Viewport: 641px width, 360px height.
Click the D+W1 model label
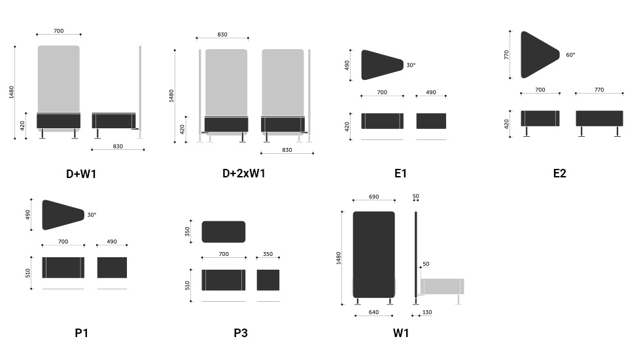click(81, 174)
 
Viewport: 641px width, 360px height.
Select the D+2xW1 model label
click(243, 173)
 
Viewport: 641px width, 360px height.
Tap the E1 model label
click(400, 173)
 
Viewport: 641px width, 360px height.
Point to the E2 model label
click(560, 173)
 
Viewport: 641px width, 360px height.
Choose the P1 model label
click(81, 333)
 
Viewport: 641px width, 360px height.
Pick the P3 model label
click(241, 333)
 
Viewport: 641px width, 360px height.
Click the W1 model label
click(400, 333)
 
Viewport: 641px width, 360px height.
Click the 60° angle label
click(570, 55)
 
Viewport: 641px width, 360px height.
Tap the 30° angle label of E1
click(411, 65)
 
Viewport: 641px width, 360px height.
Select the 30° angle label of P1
click(92, 215)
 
